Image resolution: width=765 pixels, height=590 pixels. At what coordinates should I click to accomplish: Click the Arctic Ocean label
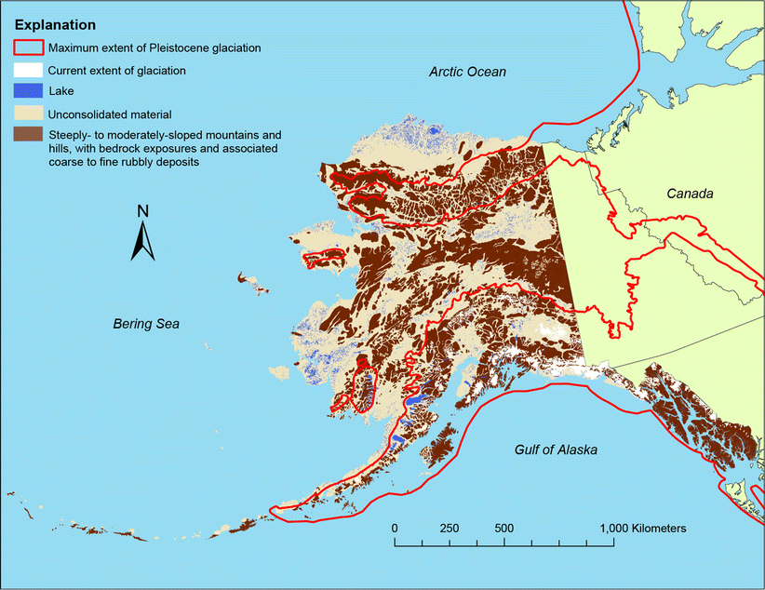(x=467, y=72)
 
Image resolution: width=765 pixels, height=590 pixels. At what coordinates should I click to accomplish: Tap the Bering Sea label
(x=146, y=324)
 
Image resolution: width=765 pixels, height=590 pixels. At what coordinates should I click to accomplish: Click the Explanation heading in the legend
(x=55, y=23)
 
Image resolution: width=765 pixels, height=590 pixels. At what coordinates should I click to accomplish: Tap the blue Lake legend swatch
(x=27, y=91)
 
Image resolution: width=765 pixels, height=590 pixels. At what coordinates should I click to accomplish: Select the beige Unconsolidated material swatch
(x=27, y=114)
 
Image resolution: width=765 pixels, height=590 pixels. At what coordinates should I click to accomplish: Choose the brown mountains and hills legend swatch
(x=27, y=136)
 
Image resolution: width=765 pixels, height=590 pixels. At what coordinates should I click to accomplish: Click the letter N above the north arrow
(x=142, y=210)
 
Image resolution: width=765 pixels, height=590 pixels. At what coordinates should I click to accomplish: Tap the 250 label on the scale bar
(x=449, y=528)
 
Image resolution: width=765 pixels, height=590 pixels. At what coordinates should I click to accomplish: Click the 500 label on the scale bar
(x=503, y=528)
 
